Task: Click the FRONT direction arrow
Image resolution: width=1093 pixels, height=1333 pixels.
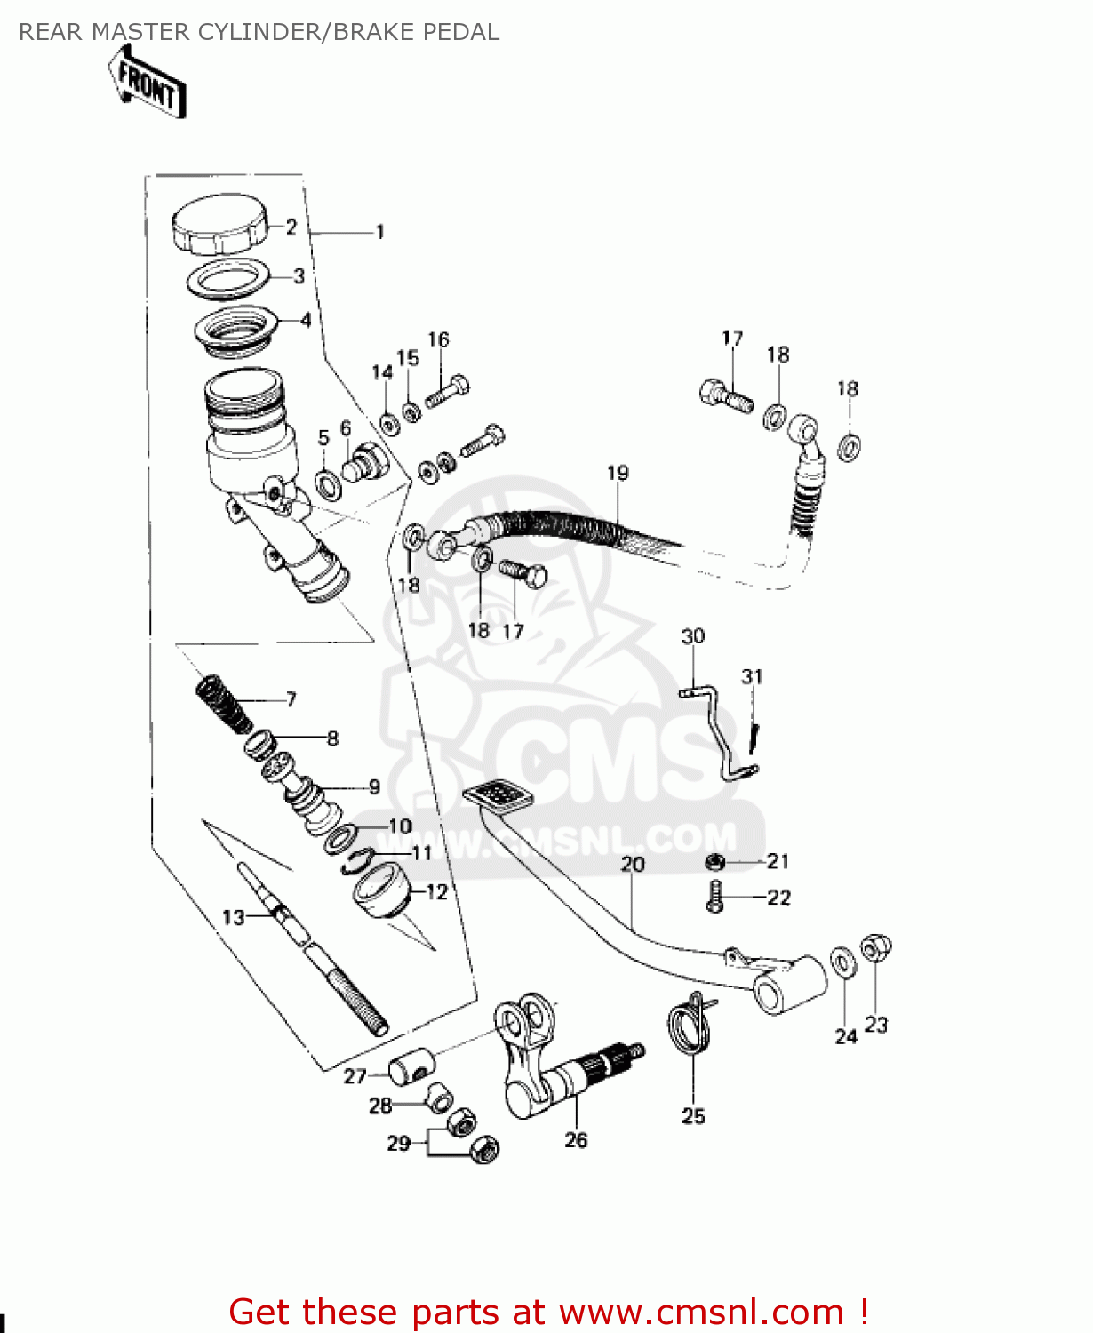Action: (147, 84)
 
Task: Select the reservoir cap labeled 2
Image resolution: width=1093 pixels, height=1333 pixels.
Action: (219, 225)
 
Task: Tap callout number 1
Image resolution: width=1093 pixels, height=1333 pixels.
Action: (380, 232)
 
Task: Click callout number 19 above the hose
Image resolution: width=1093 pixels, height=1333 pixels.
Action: (618, 473)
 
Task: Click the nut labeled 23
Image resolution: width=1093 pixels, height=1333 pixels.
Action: (875, 949)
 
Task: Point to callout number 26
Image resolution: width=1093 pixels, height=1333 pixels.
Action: (576, 1140)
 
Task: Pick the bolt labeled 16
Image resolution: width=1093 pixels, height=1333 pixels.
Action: (448, 390)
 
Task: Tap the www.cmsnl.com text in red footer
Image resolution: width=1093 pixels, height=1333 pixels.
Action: (702, 1312)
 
